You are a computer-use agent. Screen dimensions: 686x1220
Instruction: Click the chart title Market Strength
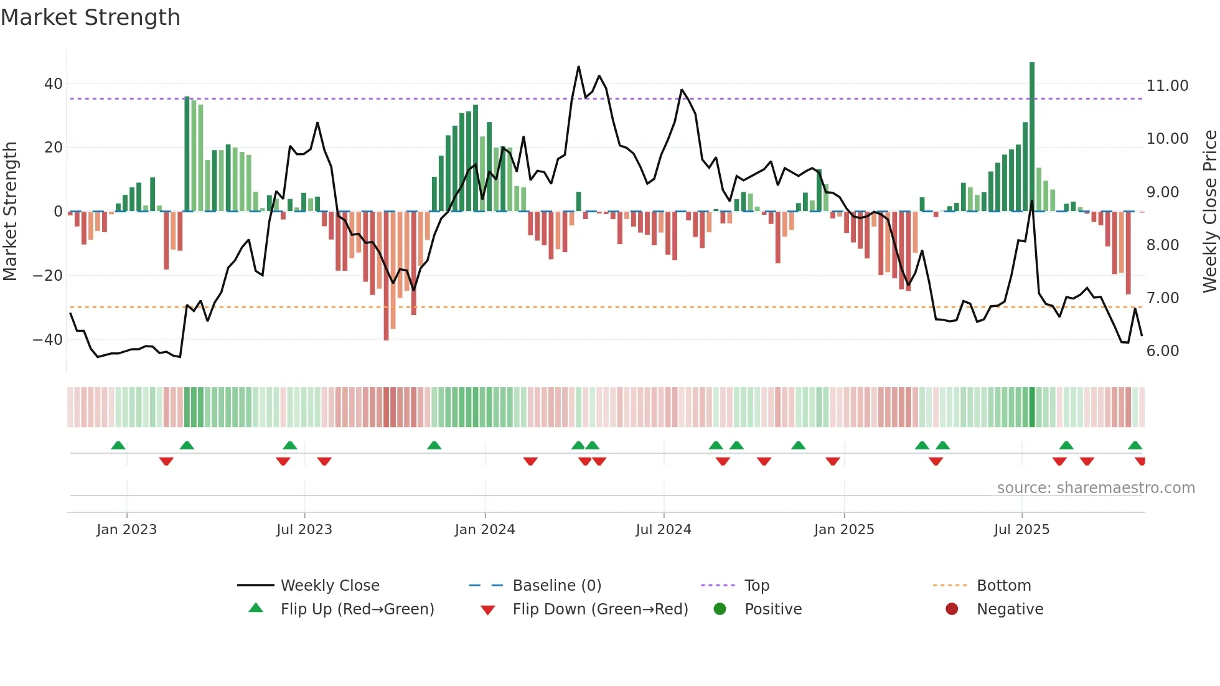pos(90,17)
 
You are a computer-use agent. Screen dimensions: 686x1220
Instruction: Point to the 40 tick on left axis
pos(54,84)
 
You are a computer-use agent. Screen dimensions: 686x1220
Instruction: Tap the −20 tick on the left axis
pos(48,276)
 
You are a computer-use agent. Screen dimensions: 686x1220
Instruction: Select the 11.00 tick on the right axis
pos(1167,86)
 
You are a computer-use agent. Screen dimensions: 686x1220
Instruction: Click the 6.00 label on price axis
pos(1162,351)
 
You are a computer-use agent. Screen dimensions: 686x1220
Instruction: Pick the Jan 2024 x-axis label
pos(484,530)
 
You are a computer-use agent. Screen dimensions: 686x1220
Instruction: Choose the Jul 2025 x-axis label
pos(1021,530)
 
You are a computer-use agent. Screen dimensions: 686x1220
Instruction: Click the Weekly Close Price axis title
pos(1209,211)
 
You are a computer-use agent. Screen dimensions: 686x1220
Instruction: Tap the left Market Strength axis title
pos(10,211)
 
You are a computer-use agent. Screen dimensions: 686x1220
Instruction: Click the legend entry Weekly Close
pos(329,586)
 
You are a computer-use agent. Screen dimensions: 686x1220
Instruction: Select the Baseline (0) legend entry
pos(556,586)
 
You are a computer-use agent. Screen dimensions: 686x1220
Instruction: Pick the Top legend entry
pos(756,586)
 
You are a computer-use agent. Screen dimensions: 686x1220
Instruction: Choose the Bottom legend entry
pos(1003,586)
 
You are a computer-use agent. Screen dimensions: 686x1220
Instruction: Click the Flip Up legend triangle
pos(256,608)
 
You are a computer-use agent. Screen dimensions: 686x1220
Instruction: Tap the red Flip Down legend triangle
pos(488,610)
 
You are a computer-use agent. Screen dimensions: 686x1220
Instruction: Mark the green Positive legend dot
pos(720,609)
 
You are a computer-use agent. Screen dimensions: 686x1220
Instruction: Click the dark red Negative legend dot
pos(952,609)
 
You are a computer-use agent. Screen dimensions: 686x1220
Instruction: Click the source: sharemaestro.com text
pos(1096,488)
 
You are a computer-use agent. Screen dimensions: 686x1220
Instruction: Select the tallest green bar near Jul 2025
pos(1032,137)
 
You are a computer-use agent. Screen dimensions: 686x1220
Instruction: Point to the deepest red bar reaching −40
pos(386,277)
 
